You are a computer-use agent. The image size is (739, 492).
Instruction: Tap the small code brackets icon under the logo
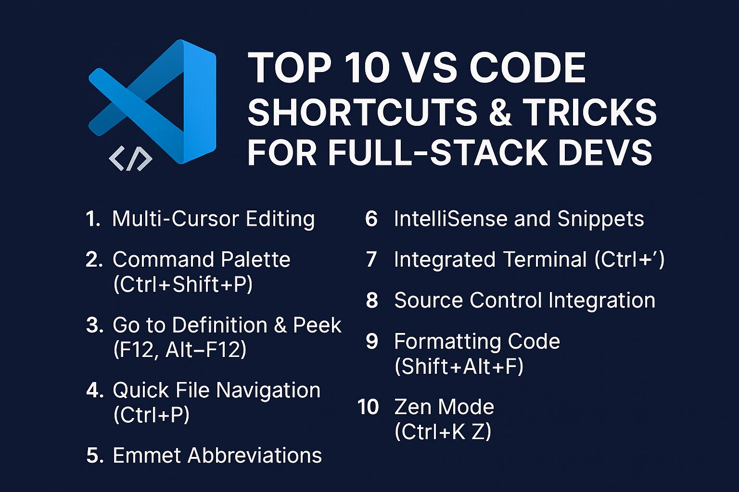coord(131,159)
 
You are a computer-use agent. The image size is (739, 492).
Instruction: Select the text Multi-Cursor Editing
coord(214,219)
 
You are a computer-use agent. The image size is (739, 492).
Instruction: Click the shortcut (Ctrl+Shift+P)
coord(183,284)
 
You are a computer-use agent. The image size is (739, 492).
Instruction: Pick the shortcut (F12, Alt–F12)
coord(180,349)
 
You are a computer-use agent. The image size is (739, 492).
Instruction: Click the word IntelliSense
coord(451,219)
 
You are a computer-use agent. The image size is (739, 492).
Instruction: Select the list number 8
coord(372,300)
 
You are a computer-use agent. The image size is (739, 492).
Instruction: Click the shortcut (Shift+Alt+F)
coord(459,366)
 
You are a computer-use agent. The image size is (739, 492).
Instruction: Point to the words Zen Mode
coord(444,406)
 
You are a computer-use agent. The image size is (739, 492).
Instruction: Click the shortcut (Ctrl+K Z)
coord(443,431)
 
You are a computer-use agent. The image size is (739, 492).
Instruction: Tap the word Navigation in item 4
coord(268,391)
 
